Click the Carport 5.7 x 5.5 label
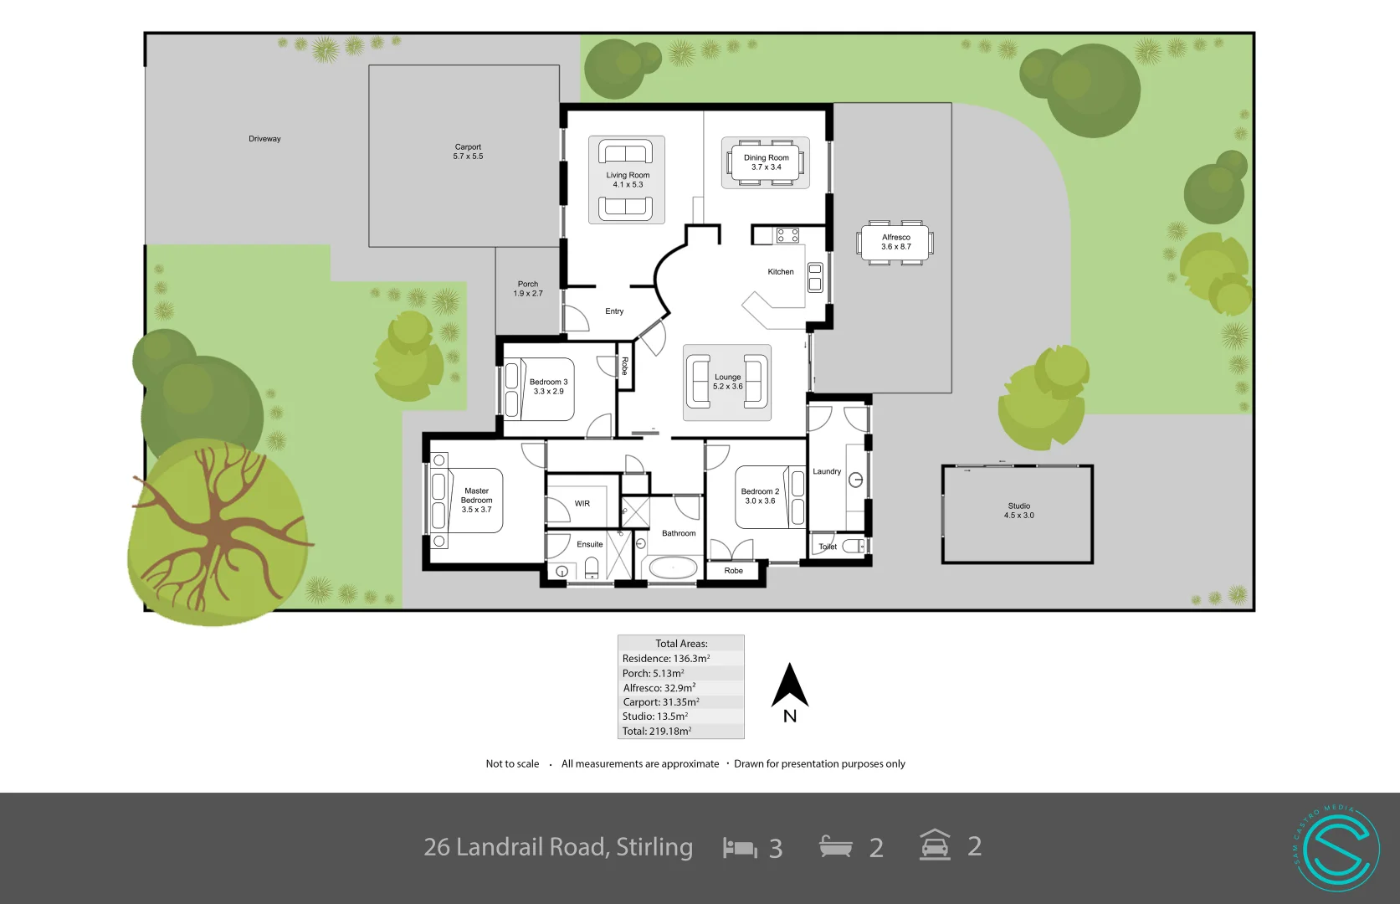click(468, 152)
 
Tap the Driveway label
click(264, 139)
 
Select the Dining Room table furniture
click(766, 162)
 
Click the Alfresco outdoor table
click(895, 242)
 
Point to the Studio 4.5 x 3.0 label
click(1018, 511)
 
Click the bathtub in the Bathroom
click(673, 569)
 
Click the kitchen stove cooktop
click(787, 235)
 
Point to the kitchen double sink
click(815, 277)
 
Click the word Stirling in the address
click(654, 847)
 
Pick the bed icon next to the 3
click(740, 848)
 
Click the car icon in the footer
click(935, 845)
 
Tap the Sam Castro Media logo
click(1336, 848)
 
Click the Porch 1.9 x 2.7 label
click(528, 289)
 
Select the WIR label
click(582, 504)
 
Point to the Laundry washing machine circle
click(855, 480)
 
